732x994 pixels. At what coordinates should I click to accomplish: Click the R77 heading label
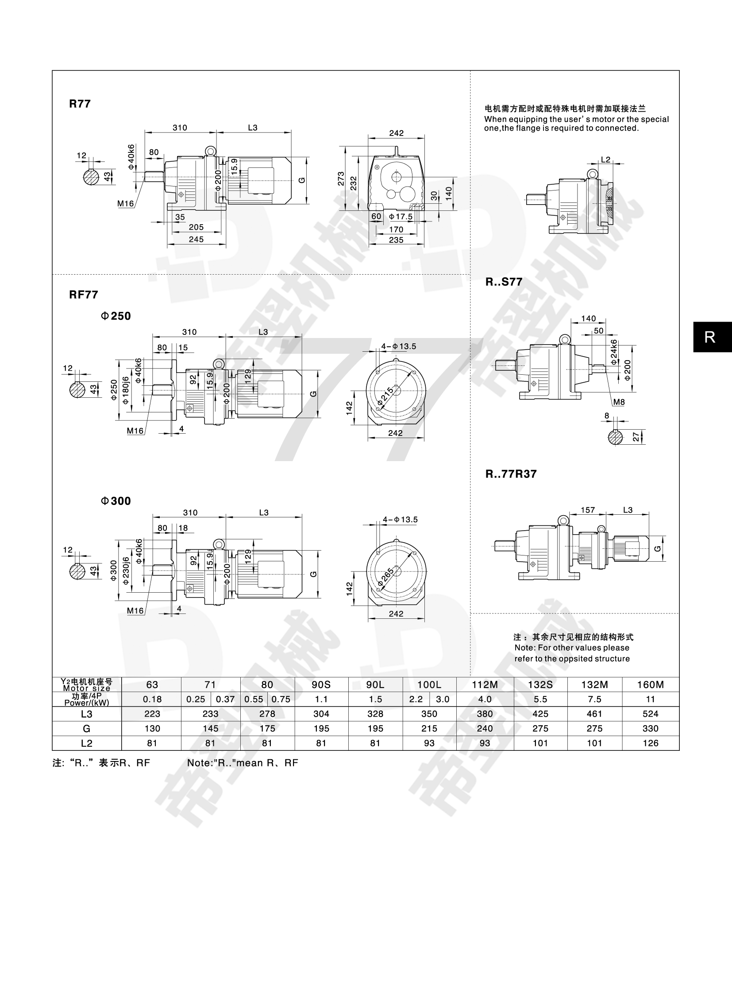tap(80, 104)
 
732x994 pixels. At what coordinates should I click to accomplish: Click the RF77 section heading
tap(83, 295)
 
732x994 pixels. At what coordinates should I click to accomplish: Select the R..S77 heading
tap(504, 282)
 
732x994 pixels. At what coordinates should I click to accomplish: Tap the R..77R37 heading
tap(511, 474)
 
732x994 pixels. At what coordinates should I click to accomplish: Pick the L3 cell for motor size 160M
tap(651, 714)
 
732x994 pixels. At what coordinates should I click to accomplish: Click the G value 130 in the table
tap(152, 728)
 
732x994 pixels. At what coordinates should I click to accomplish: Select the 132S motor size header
tap(540, 684)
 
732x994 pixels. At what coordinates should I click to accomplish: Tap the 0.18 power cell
tap(152, 699)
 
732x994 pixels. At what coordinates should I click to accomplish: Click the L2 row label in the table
tap(86, 743)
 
